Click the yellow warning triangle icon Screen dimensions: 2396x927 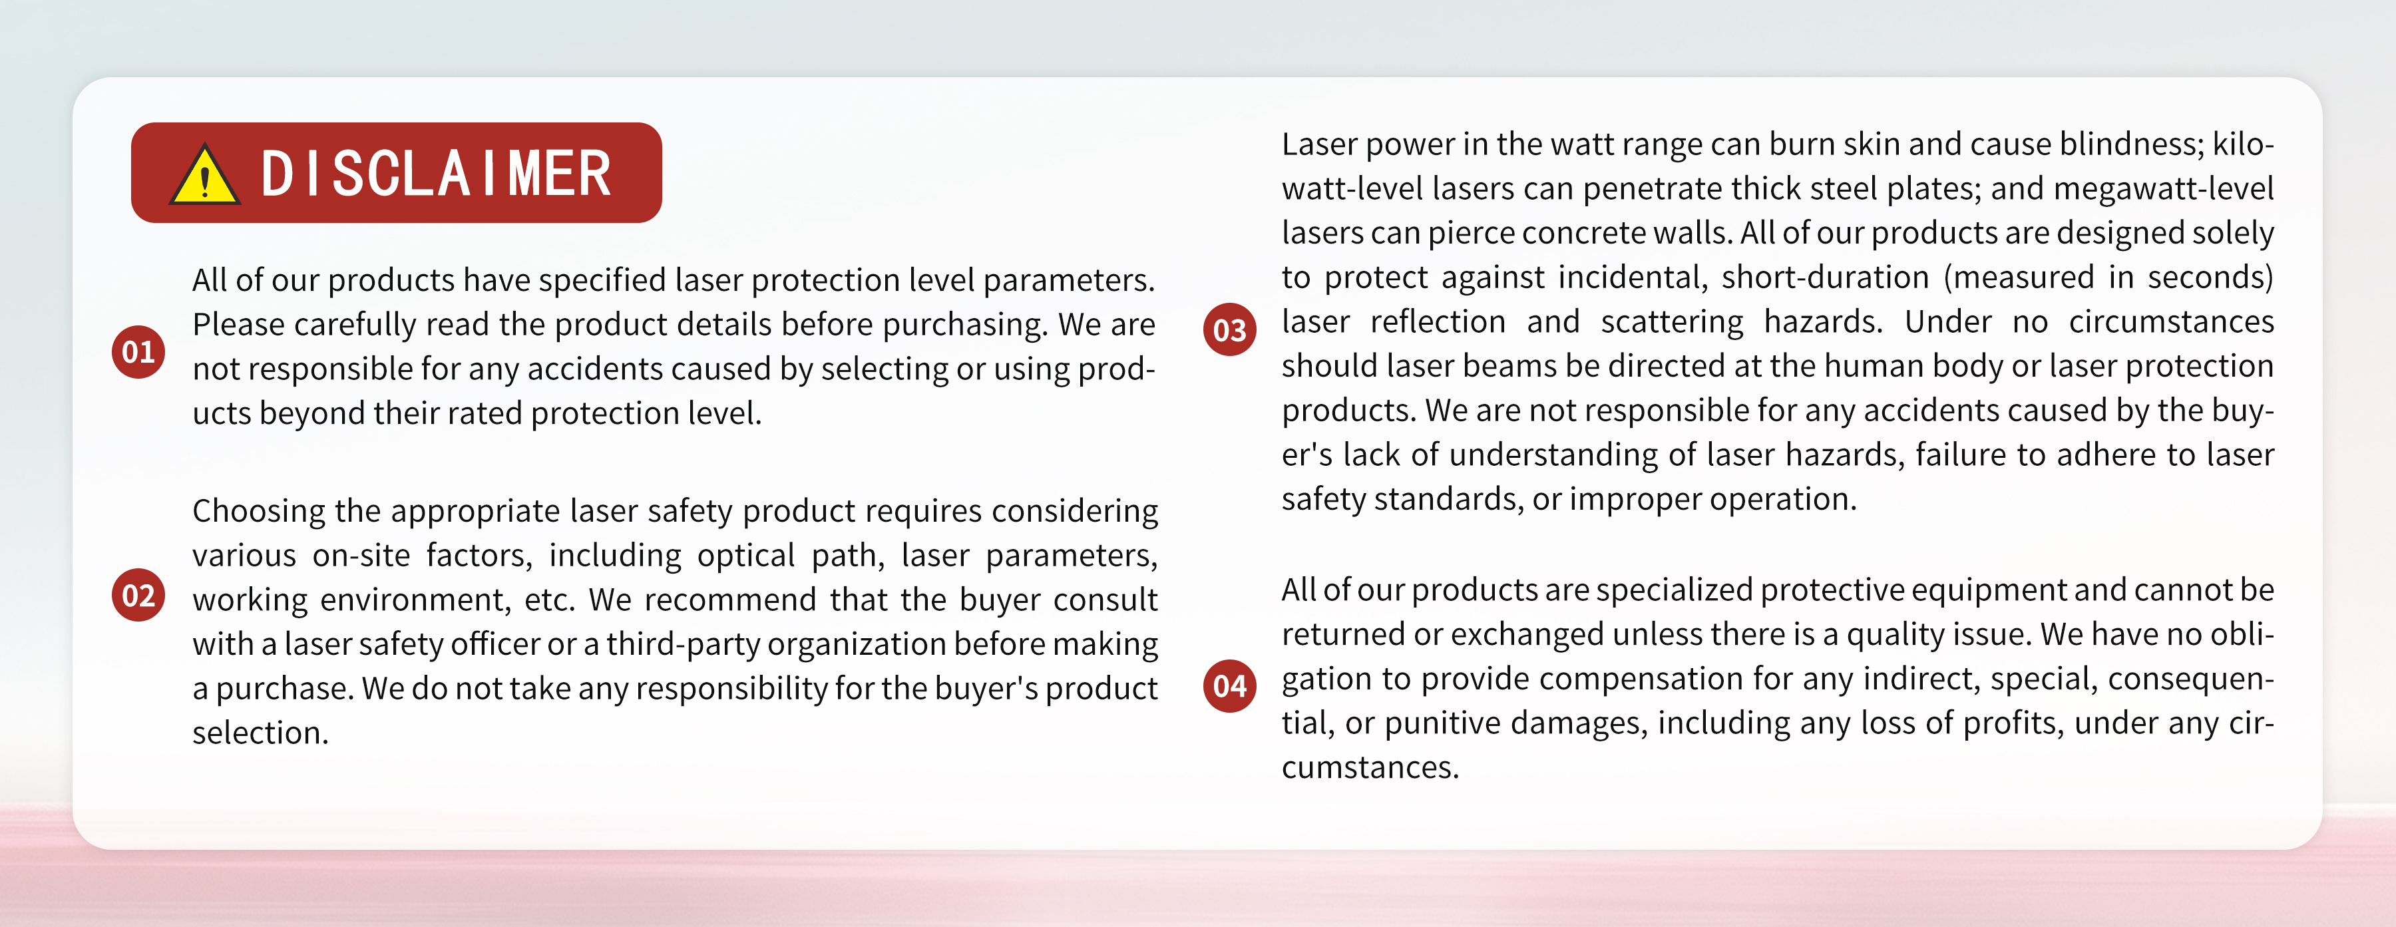pos(204,175)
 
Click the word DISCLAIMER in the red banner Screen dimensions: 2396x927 pos(436,174)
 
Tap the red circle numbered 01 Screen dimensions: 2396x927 pos(138,351)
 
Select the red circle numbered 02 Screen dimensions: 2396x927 pos(138,595)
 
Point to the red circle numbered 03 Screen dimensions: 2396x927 pos(1230,329)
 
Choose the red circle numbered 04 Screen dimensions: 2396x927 pos(1230,685)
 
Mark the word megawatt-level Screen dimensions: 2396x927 pos(2164,189)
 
